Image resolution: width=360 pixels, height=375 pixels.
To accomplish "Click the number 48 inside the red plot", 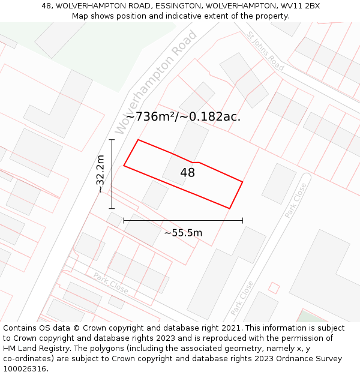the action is point(188,173).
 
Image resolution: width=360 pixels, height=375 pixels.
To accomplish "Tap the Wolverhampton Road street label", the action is point(156,82).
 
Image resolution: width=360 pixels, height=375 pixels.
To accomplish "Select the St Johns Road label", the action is point(266,51).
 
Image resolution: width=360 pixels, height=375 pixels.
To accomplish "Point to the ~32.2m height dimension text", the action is point(100,174).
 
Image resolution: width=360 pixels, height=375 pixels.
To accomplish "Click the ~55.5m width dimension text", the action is point(183,233).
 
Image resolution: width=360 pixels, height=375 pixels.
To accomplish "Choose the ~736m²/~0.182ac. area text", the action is point(184,116).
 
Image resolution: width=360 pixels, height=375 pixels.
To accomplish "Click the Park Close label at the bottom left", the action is point(111,283).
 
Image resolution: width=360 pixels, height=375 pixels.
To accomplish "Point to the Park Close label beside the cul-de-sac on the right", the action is point(296,200).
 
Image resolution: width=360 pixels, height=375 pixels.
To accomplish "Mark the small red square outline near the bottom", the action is point(274,288).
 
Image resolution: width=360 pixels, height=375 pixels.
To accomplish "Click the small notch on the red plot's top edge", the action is point(196,162).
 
